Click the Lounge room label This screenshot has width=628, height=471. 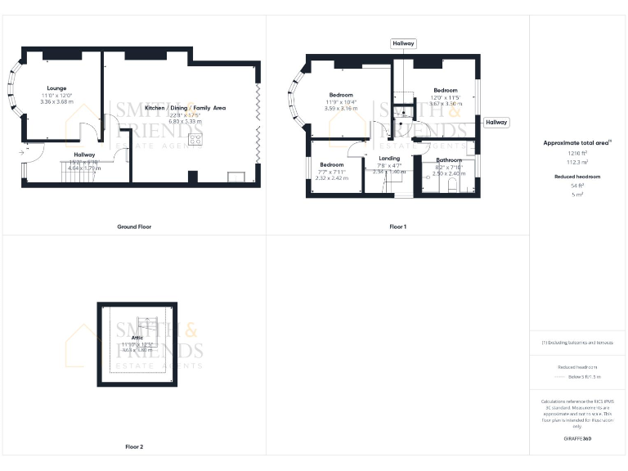pos(56,87)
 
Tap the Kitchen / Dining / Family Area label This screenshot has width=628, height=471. pos(185,108)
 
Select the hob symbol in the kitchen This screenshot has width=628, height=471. pos(195,139)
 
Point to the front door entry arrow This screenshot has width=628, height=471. pos(20,152)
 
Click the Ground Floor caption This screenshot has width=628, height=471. pos(134,227)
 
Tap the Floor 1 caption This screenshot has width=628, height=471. pos(398,227)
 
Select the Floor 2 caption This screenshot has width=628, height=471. pos(134,447)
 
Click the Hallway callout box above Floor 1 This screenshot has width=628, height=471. pos(404,43)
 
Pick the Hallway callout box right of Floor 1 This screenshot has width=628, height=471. pos(496,122)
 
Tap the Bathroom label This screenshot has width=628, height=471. pos(448,160)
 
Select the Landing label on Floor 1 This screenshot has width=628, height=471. pos(389,158)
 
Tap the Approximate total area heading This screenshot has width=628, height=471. pos(576,143)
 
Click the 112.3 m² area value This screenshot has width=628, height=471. pos(578,161)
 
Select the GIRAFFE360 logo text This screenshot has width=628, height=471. pos(577,439)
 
